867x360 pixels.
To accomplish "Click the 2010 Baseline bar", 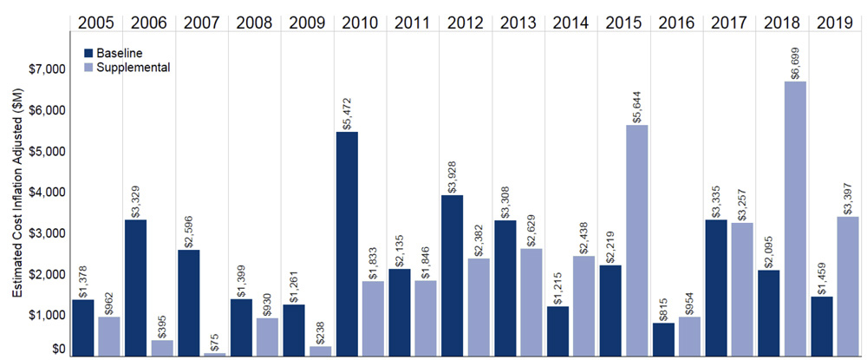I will [x=349, y=244].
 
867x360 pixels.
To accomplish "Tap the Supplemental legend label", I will [x=134, y=66].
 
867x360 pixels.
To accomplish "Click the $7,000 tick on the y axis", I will [x=52, y=69].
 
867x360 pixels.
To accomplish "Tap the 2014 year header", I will [x=568, y=19].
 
